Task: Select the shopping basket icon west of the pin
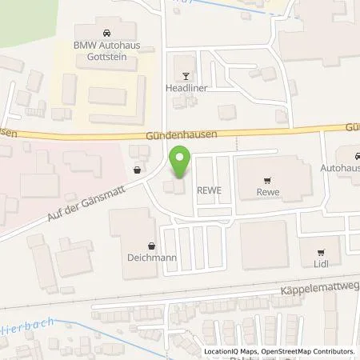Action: (138, 170)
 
